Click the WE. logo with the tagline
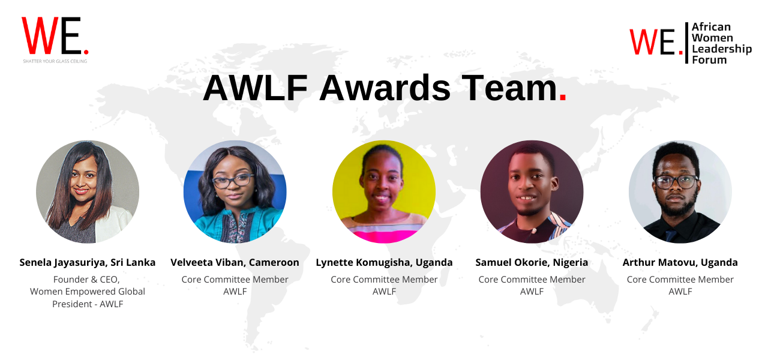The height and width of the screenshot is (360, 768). pyautogui.click(x=55, y=40)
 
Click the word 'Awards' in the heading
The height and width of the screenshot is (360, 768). pyautogui.click(x=385, y=88)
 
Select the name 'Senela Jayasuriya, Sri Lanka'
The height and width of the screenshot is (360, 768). pyautogui.click(x=88, y=263)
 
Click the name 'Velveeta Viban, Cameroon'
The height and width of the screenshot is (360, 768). pyautogui.click(x=235, y=263)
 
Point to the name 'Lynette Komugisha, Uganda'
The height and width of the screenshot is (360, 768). pyautogui.click(x=384, y=263)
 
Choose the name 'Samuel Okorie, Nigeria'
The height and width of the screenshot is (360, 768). pyautogui.click(x=532, y=263)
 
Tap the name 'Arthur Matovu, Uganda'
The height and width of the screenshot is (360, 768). pyautogui.click(x=680, y=263)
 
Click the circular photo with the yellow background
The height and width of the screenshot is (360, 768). pyautogui.click(x=384, y=191)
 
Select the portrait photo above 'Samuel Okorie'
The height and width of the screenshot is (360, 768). pyautogui.click(x=532, y=191)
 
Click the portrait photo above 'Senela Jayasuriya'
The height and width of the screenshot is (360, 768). pyautogui.click(x=88, y=191)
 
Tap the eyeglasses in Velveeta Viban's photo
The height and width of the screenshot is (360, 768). pyautogui.click(x=233, y=181)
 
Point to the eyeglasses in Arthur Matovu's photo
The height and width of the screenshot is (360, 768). pyautogui.click(x=676, y=182)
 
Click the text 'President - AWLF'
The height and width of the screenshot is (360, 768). pyautogui.click(x=88, y=304)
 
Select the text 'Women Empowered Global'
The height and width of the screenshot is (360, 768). pyautogui.click(x=88, y=292)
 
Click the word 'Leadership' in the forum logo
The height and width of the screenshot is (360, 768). pyautogui.click(x=722, y=49)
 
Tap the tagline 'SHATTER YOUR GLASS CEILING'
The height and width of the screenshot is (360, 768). pyautogui.click(x=55, y=61)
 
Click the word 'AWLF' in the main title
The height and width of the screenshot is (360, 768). pyautogui.click(x=256, y=88)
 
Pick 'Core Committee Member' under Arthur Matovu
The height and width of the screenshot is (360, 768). pyautogui.click(x=680, y=280)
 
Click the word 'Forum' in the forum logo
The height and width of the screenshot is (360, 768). pyautogui.click(x=709, y=60)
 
